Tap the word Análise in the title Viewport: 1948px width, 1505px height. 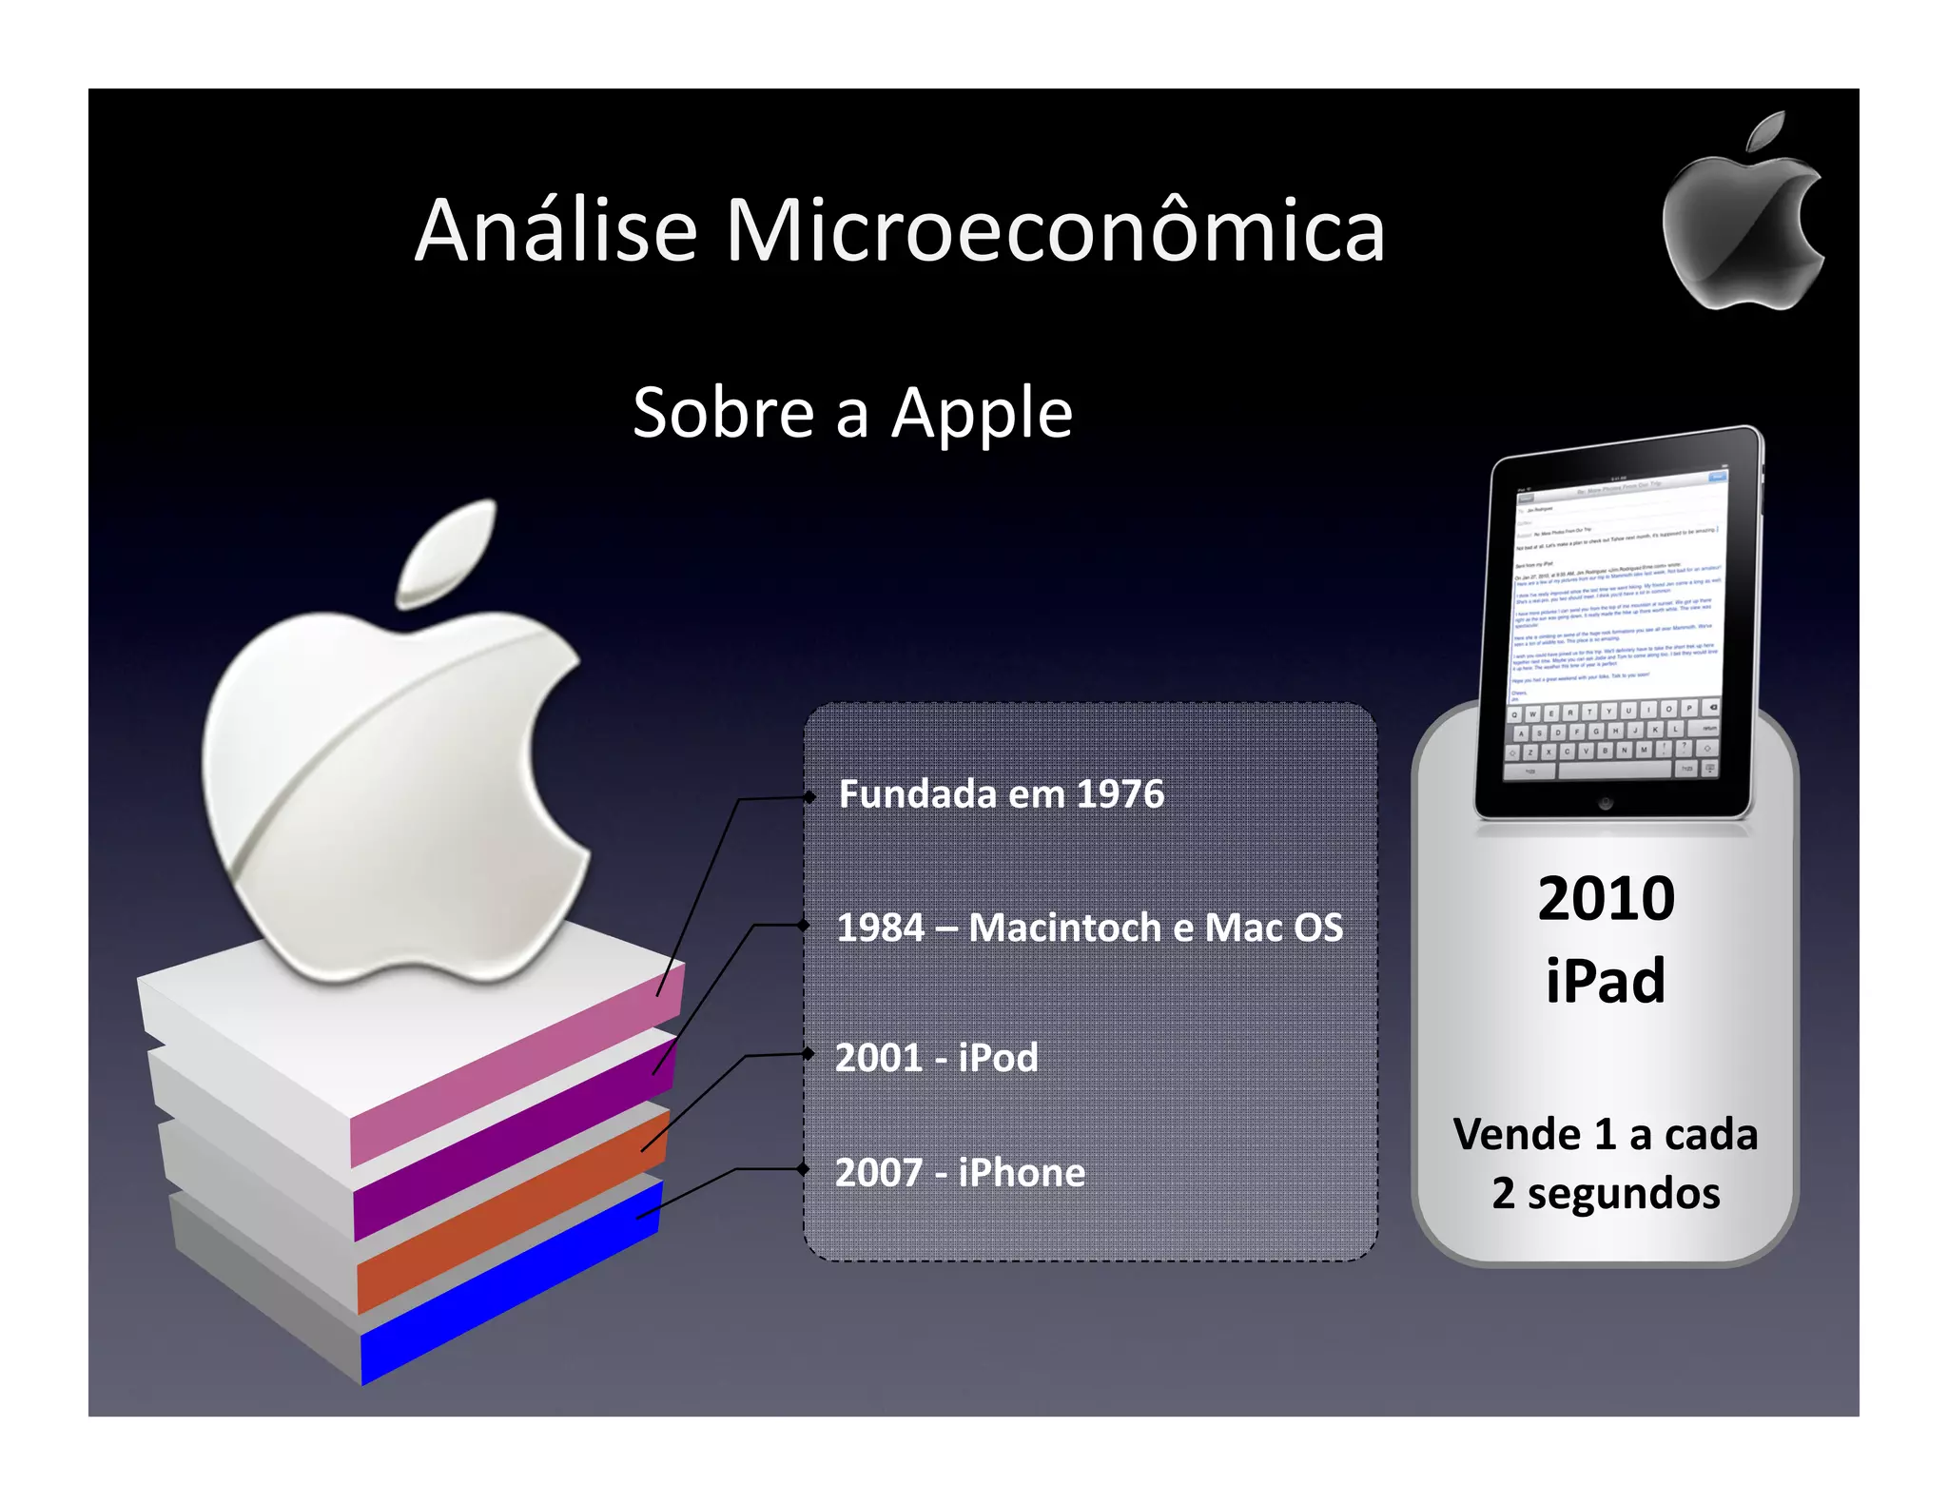(556, 230)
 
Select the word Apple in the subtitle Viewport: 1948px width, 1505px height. (982, 413)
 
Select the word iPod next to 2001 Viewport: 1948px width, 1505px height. (998, 1058)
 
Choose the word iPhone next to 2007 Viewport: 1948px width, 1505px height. (1022, 1173)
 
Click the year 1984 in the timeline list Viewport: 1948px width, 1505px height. (880, 928)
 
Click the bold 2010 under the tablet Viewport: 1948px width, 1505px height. (1606, 898)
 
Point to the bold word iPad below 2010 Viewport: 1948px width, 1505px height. (1606, 980)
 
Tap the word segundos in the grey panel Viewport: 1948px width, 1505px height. (1624, 1194)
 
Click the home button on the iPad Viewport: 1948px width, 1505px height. (1606, 803)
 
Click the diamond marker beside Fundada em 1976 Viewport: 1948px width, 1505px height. (809, 797)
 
